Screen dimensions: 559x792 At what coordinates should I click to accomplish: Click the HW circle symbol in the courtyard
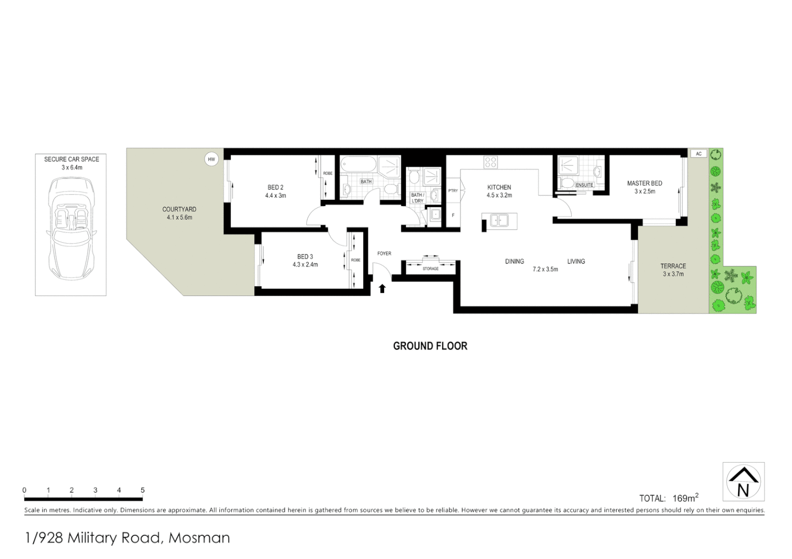(211, 159)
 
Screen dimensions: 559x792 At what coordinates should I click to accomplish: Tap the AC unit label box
(699, 154)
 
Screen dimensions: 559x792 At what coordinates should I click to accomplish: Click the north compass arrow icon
(743, 481)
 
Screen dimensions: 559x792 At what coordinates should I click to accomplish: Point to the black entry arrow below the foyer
(383, 288)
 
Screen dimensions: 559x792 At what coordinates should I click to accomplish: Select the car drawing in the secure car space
(71, 228)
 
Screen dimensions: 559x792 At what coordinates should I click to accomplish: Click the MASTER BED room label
(644, 183)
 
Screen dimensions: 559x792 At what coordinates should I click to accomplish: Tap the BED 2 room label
(275, 187)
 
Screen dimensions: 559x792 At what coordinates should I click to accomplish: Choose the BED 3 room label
(305, 257)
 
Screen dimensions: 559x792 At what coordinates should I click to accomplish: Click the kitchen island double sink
(499, 221)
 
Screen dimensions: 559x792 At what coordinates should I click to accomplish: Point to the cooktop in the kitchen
(490, 162)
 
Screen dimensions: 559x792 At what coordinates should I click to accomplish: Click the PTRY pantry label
(453, 191)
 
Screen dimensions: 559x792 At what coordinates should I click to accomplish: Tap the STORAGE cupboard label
(430, 269)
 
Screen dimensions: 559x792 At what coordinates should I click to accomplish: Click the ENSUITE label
(584, 185)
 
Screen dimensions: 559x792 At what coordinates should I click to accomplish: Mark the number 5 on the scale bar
(143, 490)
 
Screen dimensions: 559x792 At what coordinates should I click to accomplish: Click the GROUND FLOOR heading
(430, 346)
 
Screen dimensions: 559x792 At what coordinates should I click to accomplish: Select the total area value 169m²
(685, 498)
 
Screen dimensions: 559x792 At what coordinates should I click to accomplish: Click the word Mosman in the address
(200, 538)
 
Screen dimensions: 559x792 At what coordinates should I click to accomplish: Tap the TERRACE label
(673, 266)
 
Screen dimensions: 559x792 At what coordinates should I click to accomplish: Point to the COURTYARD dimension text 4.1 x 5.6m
(179, 217)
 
